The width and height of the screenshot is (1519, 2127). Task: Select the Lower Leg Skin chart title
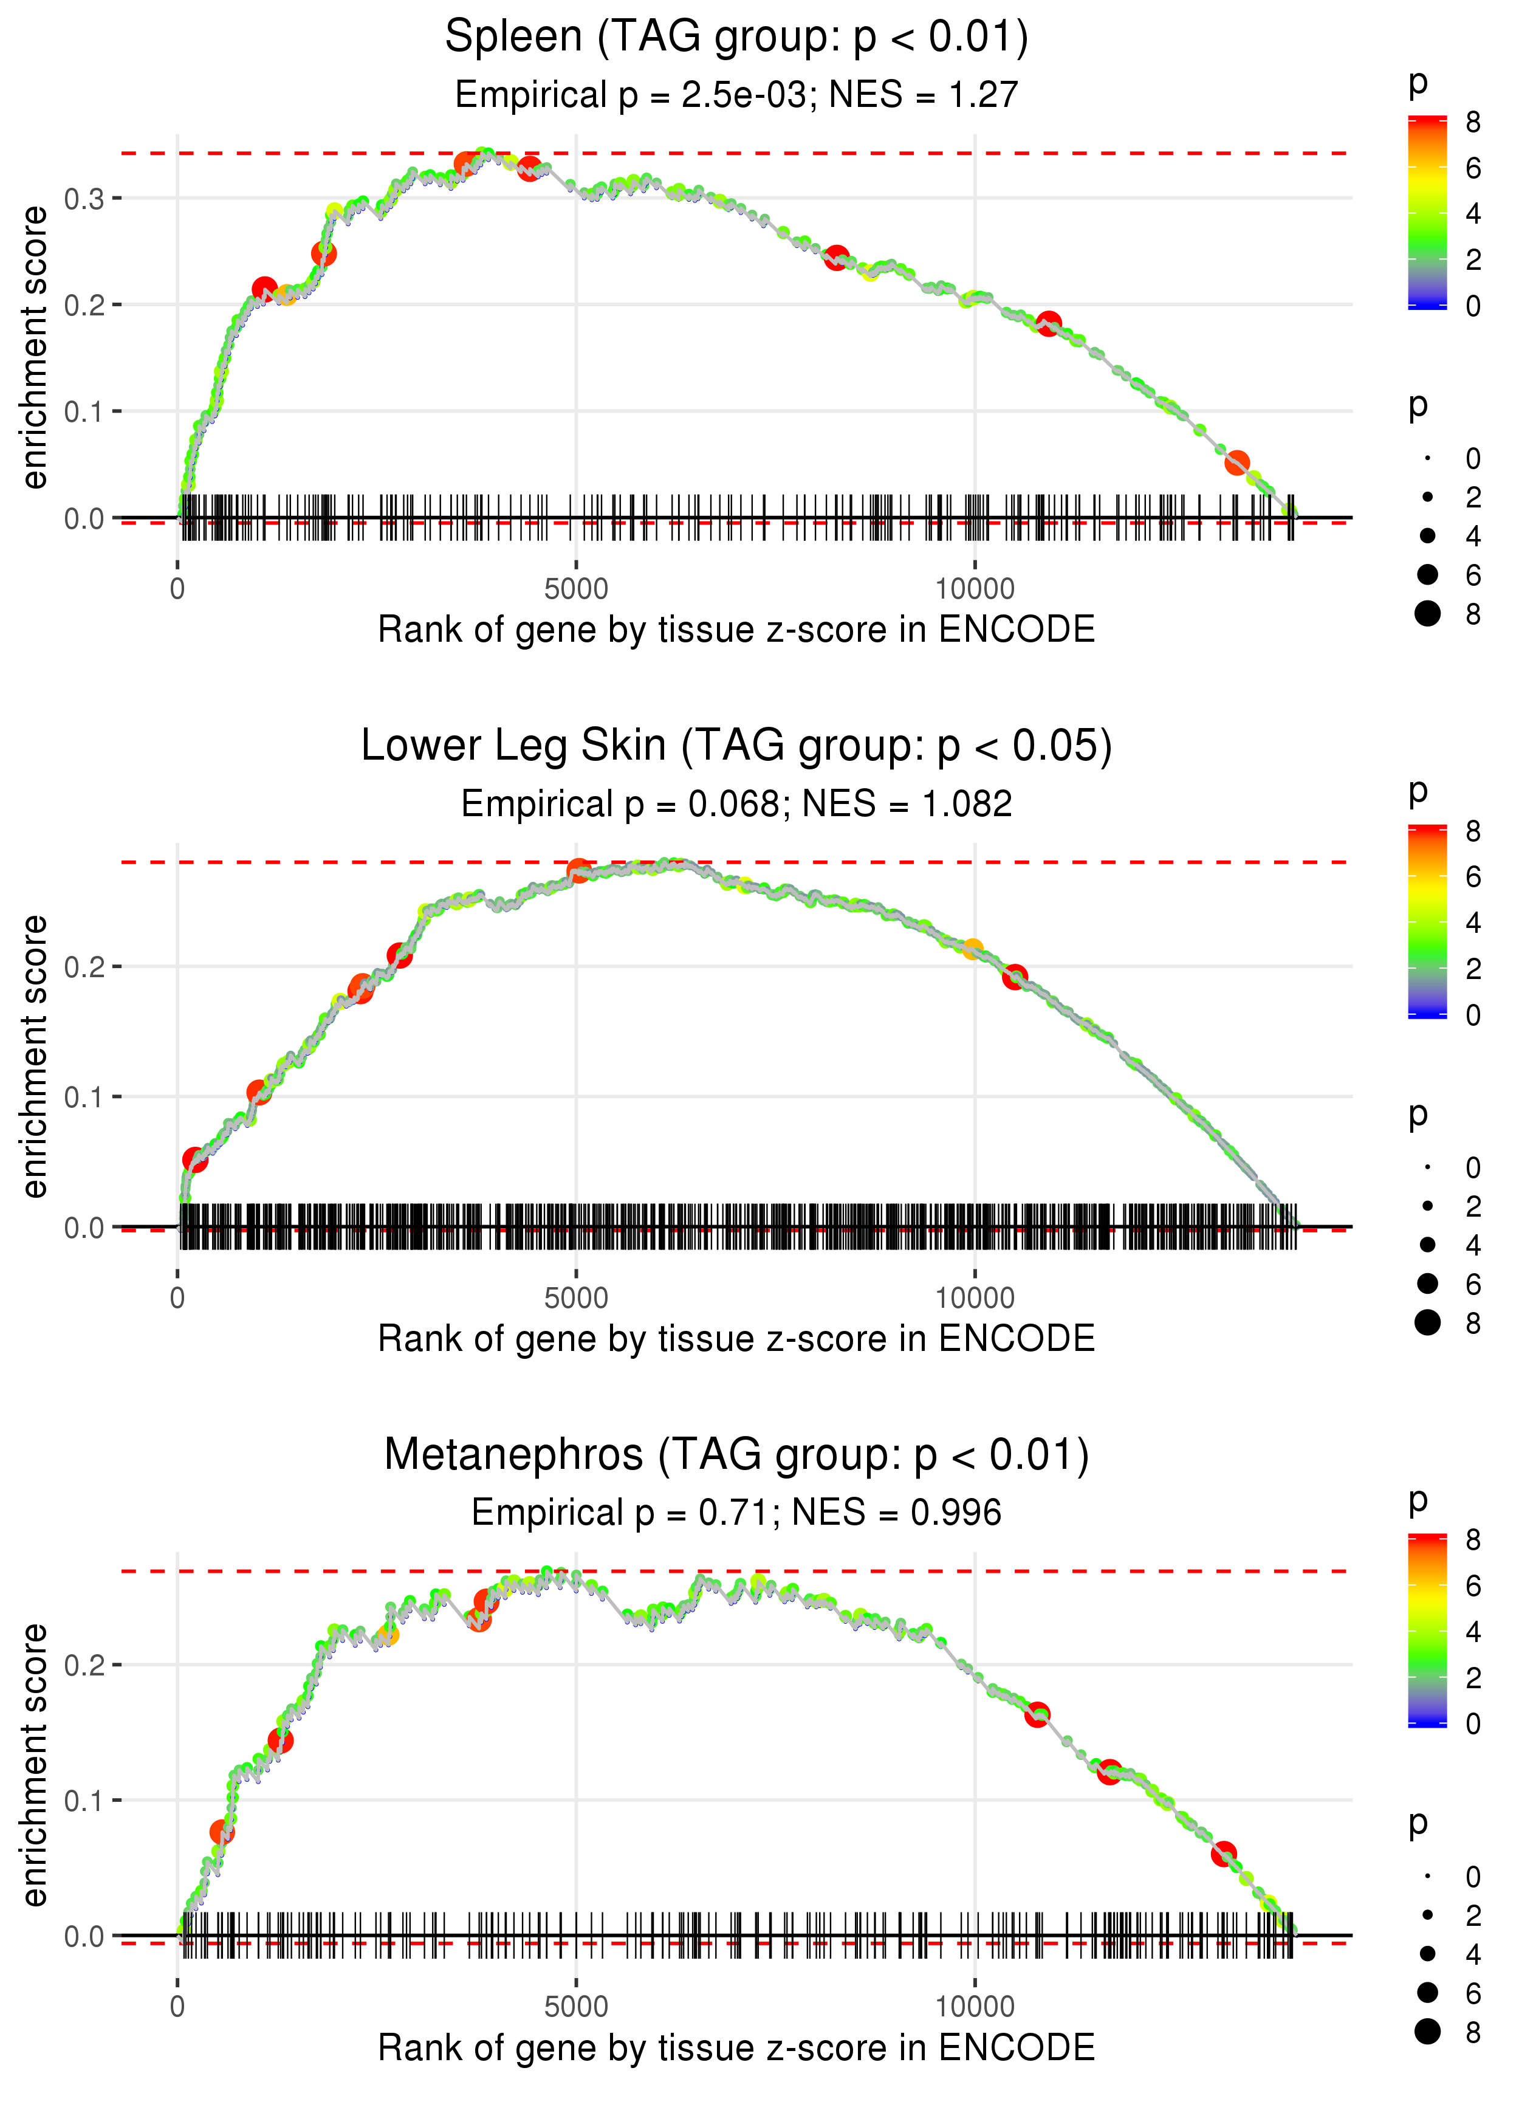tap(736, 746)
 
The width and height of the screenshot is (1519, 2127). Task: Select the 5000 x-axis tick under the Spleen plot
tap(575, 589)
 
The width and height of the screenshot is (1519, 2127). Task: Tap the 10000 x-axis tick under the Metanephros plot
tap(975, 2007)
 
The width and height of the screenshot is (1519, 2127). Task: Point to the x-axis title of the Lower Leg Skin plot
tap(736, 1339)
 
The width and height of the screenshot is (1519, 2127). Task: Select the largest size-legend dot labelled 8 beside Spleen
tap(1427, 614)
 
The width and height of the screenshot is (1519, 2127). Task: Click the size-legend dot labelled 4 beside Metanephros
tap(1427, 1954)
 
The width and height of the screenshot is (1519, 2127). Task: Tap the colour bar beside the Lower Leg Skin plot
tap(1427, 921)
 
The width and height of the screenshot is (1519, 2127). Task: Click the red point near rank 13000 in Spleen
tap(1236, 462)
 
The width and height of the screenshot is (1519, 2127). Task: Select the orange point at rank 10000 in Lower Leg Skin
tap(973, 949)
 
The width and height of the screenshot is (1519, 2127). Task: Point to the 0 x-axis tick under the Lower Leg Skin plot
tap(177, 1298)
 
